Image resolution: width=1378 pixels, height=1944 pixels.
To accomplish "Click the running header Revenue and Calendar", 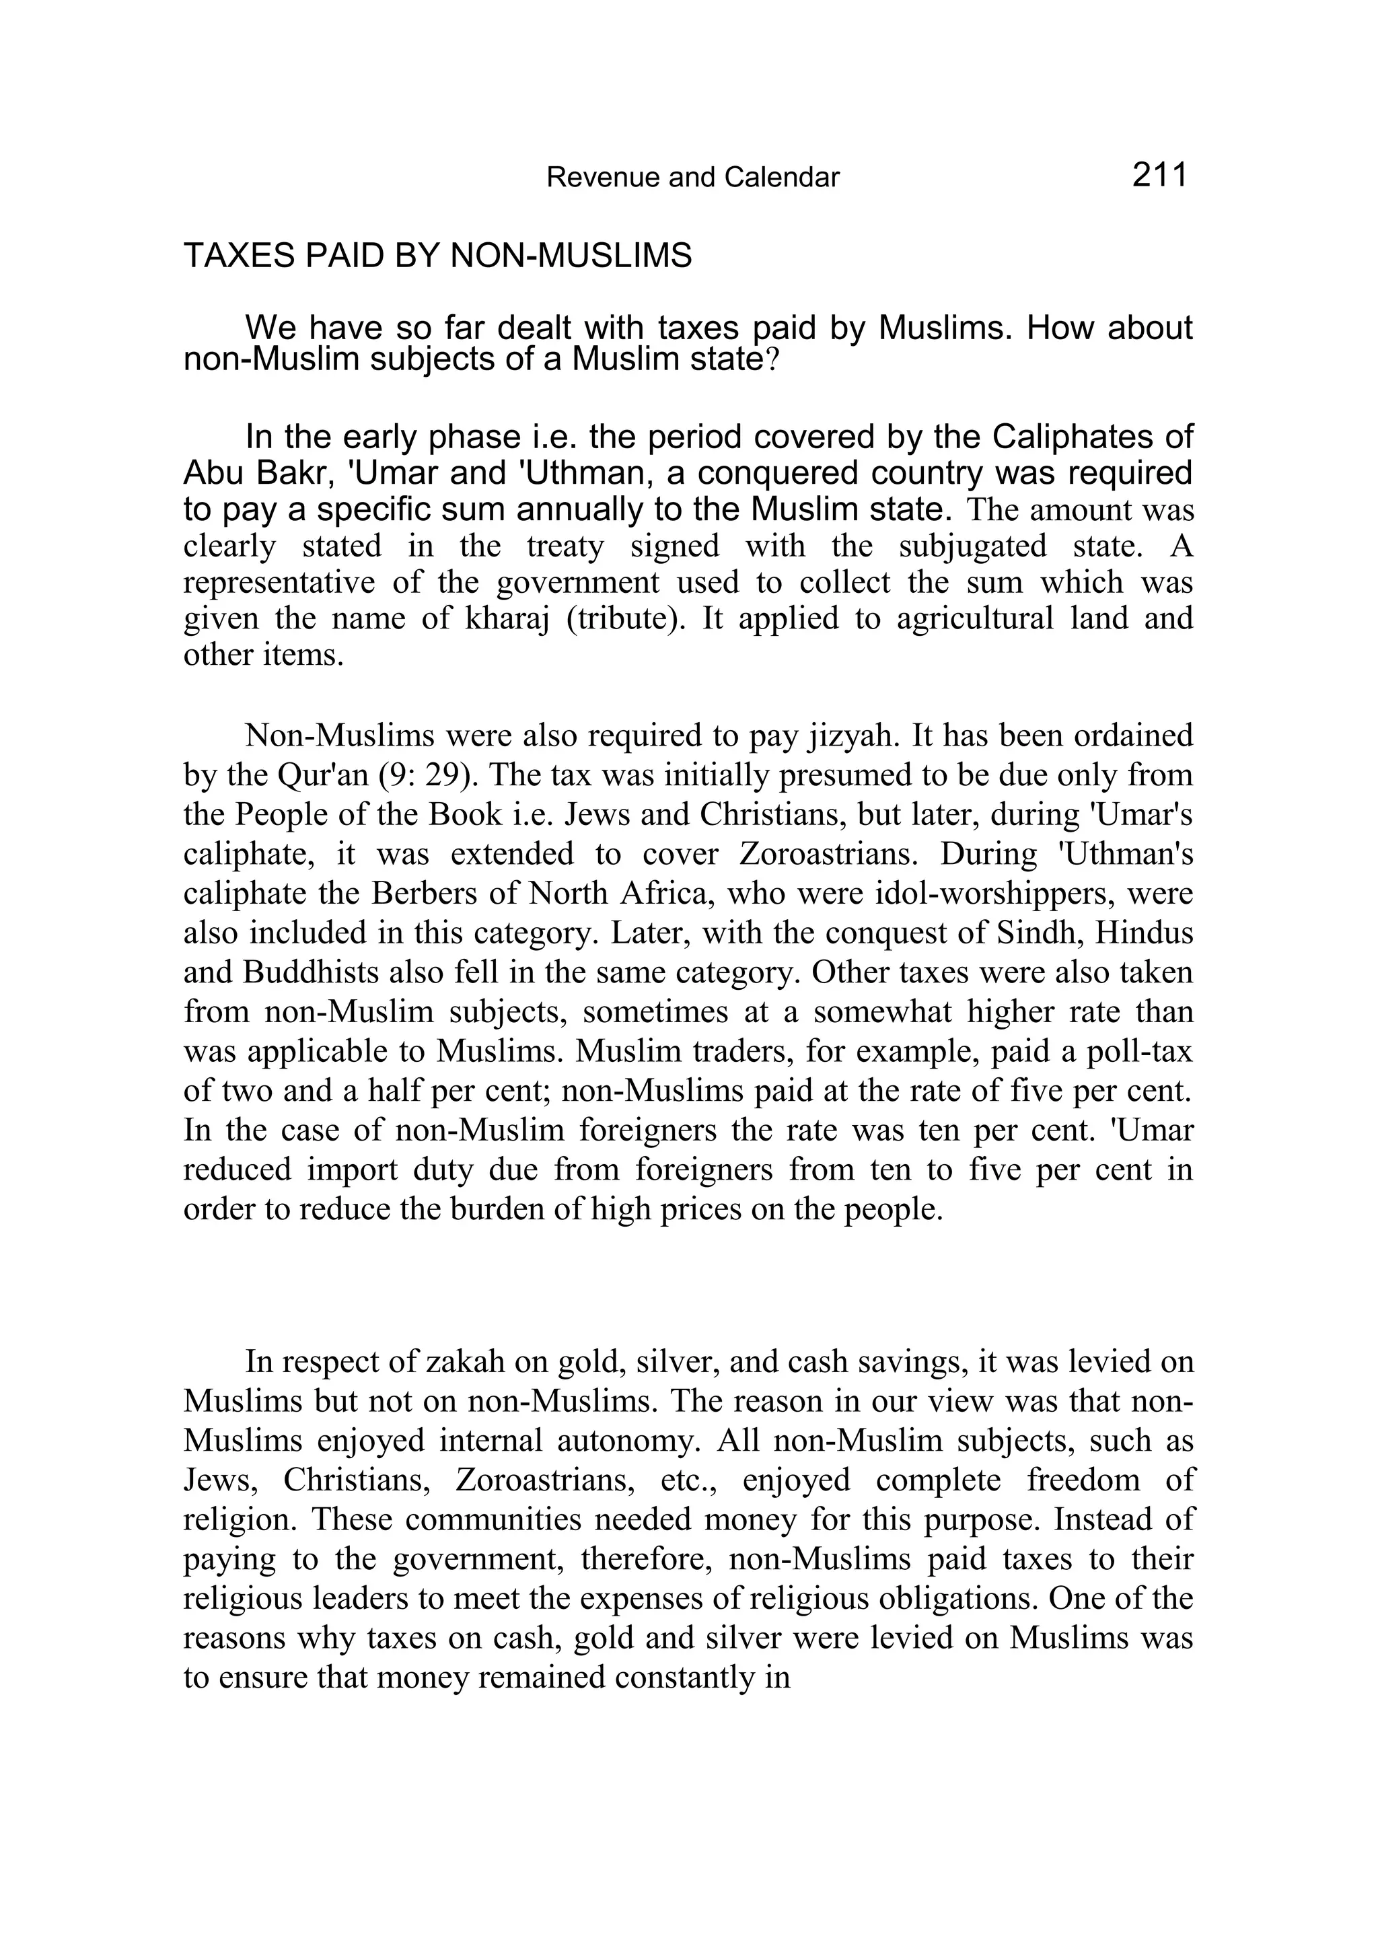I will click(692, 178).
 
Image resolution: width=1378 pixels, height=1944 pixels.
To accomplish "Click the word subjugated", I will click(972, 545).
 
